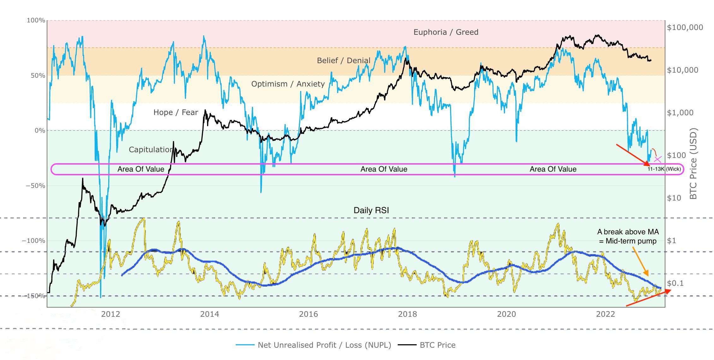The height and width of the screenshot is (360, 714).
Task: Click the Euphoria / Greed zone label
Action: point(446,32)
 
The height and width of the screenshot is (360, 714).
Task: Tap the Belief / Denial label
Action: point(343,60)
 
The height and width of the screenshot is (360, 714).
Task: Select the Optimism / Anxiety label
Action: point(288,84)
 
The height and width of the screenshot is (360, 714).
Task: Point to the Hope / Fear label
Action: point(176,112)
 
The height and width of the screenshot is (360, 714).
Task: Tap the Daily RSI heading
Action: point(371,210)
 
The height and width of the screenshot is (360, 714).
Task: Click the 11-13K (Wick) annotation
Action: point(664,169)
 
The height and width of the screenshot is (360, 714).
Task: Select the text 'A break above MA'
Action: point(628,232)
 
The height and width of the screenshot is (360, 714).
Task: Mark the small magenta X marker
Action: point(658,159)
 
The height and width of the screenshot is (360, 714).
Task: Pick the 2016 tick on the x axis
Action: point(308,314)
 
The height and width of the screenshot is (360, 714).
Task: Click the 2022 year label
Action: point(605,314)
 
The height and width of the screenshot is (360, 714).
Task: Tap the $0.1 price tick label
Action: point(675,283)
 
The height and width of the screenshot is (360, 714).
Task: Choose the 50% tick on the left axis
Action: point(38,75)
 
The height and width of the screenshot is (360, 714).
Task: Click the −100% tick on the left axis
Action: point(33,241)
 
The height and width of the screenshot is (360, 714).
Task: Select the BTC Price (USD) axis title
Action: point(693,164)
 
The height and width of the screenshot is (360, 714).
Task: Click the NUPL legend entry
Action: point(324,345)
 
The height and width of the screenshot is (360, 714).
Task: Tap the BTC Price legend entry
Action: point(437,345)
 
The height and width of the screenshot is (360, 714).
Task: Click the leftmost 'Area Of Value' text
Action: point(141,169)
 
